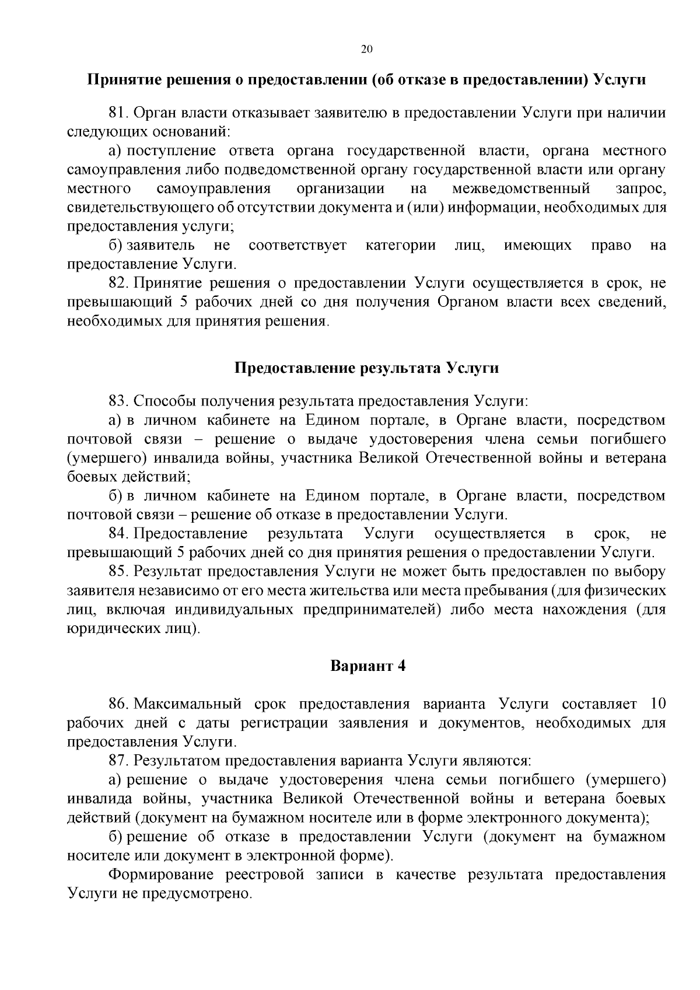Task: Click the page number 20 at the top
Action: point(367,50)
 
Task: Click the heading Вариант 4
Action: point(367,666)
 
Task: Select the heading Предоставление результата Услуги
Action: point(367,368)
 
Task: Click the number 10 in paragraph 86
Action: point(657,704)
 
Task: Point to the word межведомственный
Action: point(521,189)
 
